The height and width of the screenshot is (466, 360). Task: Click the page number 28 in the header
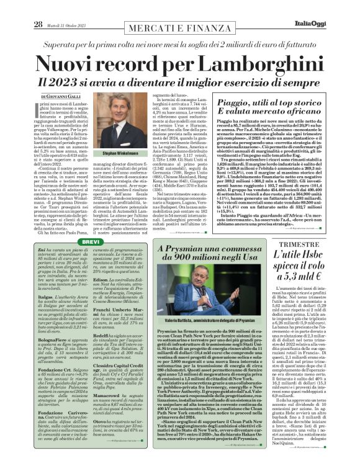pyautogui.click(x=20, y=7)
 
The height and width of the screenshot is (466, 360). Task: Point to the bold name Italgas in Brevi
pyautogui.click(x=47, y=281)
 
